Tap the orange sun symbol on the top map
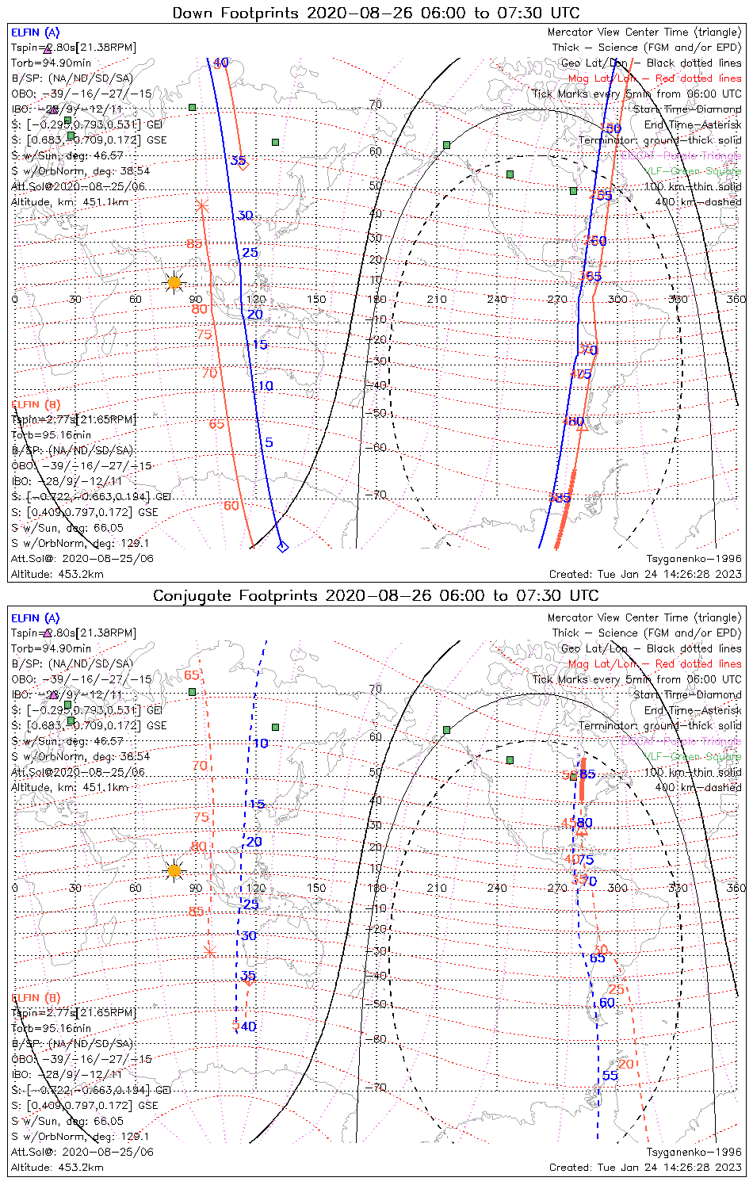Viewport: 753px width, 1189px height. tap(174, 282)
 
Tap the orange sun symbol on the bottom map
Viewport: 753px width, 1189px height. tap(174, 870)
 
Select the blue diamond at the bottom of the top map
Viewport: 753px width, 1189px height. tap(282, 546)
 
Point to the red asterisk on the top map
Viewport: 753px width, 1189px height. tap(201, 206)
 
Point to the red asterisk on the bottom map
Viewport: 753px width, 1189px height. tap(210, 950)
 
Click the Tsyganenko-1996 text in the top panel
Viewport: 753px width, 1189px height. tap(694, 559)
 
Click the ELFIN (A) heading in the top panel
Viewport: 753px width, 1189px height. tap(35, 32)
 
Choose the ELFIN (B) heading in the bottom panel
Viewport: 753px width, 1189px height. tap(35, 997)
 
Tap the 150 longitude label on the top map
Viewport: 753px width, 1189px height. tap(316, 300)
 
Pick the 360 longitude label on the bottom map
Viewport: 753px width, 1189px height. tap(736, 888)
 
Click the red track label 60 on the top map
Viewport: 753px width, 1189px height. tap(231, 506)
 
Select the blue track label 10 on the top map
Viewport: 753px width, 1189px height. tap(266, 386)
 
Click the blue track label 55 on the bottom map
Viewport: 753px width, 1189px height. tap(610, 1075)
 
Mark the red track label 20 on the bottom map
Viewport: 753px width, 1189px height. tap(626, 1064)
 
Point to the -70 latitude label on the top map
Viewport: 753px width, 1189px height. tap(376, 495)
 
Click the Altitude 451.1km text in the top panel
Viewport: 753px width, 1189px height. tap(70, 202)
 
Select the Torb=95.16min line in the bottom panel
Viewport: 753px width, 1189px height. tap(51, 1028)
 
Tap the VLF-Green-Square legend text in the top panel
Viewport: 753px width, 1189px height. tap(693, 171)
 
